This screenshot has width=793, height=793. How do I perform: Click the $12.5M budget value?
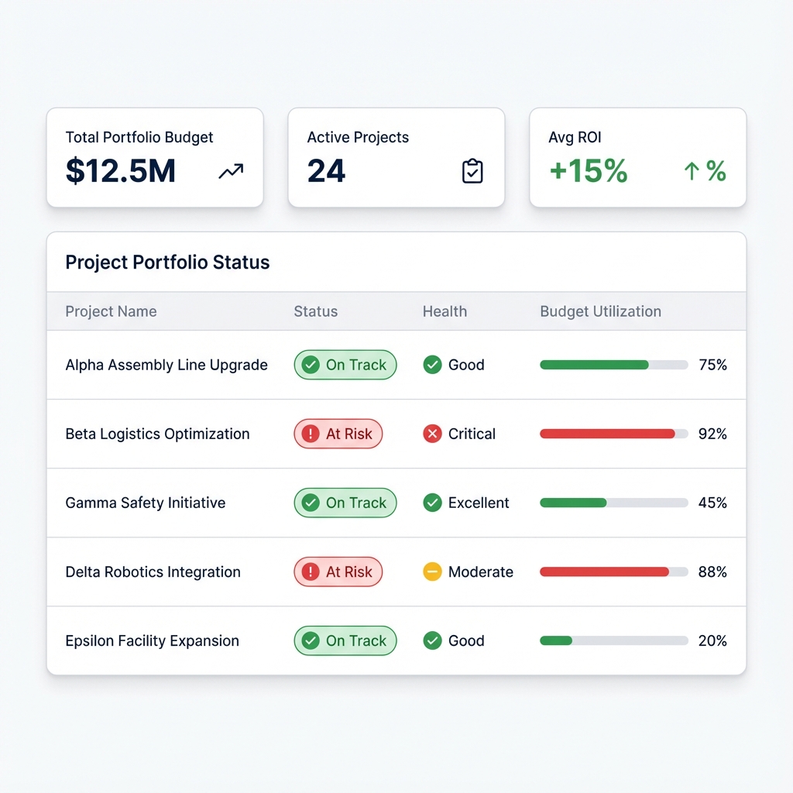[x=121, y=171]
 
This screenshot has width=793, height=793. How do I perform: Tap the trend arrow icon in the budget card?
[x=231, y=172]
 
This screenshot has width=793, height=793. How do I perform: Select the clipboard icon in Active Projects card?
[x=472, y=171]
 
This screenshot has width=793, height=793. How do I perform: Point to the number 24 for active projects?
[x=326, y=171]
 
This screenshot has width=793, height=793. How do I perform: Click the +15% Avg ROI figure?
[x=588, y=171]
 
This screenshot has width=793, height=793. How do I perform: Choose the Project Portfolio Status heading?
[x=167, y=263]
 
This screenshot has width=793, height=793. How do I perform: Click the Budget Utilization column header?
[x=600, y=311]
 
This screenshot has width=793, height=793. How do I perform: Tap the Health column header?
[x=445, y=311]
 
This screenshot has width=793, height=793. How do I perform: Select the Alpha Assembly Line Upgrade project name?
[x=166, y=365]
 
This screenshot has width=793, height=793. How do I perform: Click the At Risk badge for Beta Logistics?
[x=338, y=434]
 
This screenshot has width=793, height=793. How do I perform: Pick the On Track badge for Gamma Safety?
[x=345, y=503]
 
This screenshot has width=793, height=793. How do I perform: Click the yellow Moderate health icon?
[x=432, y=572]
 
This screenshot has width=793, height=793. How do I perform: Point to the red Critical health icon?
[x=432, y=434]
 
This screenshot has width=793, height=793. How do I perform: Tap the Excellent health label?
[x=479, y=503]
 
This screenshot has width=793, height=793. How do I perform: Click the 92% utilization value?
[x=712, y=434]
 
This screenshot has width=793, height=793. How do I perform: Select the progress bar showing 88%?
[x=613, y=572]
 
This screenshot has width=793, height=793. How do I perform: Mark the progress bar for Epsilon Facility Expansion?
[x=613, y=640]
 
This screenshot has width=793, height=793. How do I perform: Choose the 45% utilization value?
[x=712, y=503]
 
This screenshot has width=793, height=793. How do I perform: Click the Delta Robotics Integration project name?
[x=153, y=572]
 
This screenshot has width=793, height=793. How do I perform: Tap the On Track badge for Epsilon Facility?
[x=345, y=640]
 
